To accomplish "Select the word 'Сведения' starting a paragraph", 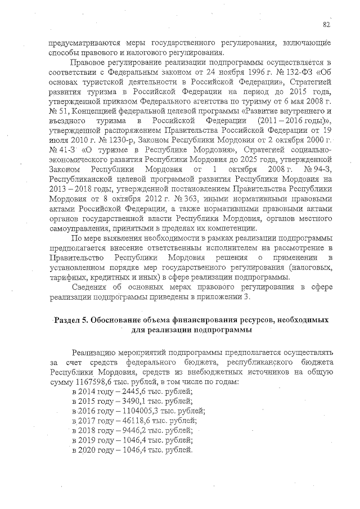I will (x=90, y=287).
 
